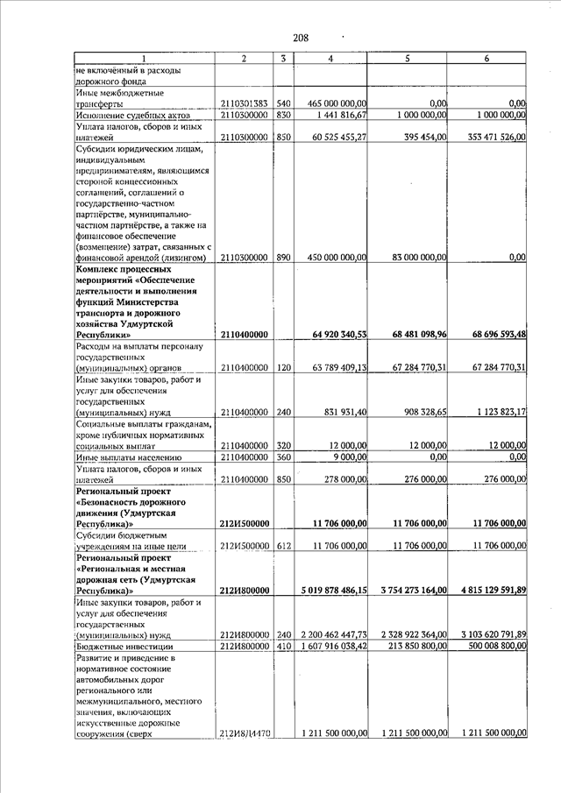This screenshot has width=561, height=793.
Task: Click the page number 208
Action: pos(300,37)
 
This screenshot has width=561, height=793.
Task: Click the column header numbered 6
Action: pos(486,58)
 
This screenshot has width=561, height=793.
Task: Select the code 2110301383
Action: pos(244,103)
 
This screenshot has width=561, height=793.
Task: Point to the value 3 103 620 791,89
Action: pos(486,634)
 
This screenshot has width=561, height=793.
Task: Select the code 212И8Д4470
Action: pos(244,733)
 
